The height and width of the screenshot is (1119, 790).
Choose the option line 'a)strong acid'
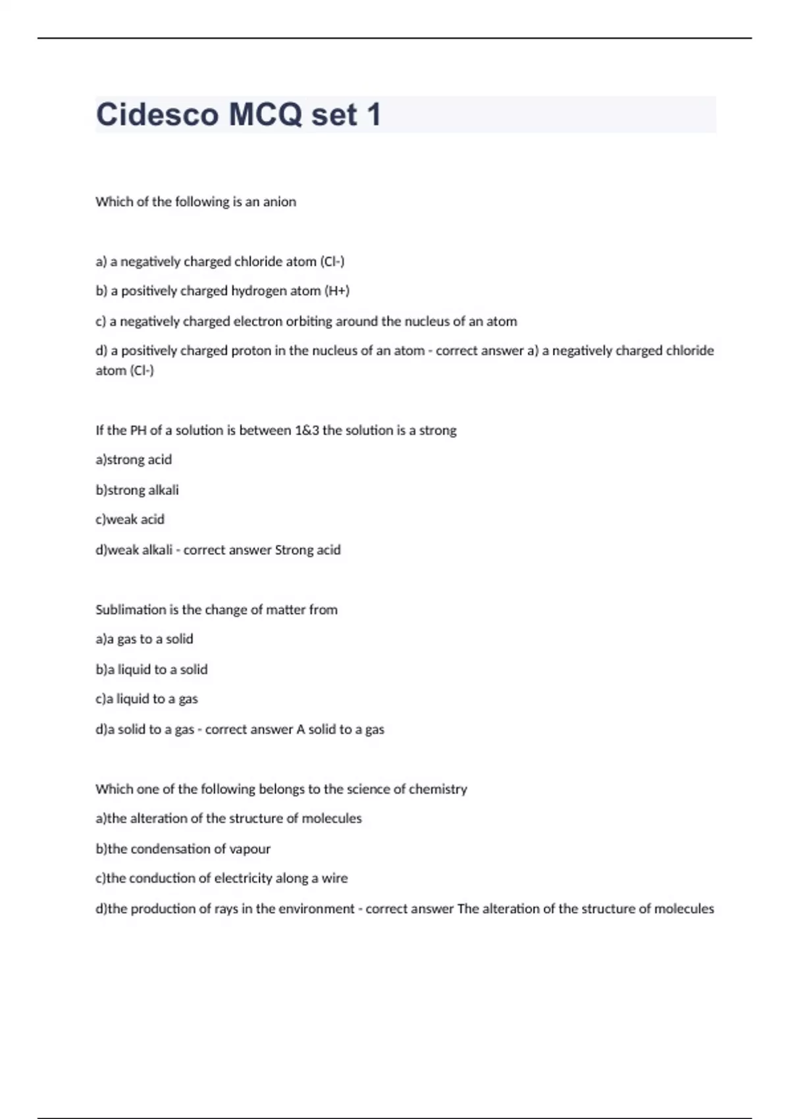134,460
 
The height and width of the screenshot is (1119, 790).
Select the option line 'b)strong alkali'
137,490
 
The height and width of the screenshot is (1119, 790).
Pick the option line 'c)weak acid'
130,520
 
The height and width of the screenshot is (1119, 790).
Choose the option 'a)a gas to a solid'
144,639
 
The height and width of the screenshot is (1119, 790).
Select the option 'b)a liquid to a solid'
151,669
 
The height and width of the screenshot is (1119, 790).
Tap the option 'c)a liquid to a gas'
146,699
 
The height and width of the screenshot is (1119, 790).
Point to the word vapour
250,849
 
